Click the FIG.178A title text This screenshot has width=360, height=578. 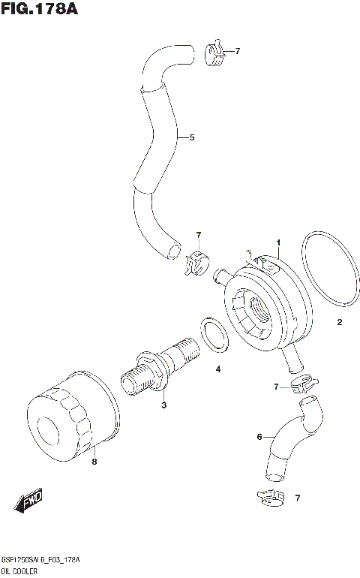[x=40, y=10]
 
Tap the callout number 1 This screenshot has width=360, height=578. [x=277, y=242]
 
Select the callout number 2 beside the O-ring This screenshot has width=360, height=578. [x=339, y=323]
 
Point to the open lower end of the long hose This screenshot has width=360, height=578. [x=173, y=248]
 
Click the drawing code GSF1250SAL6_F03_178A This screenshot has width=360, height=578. [x=41, y=561]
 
